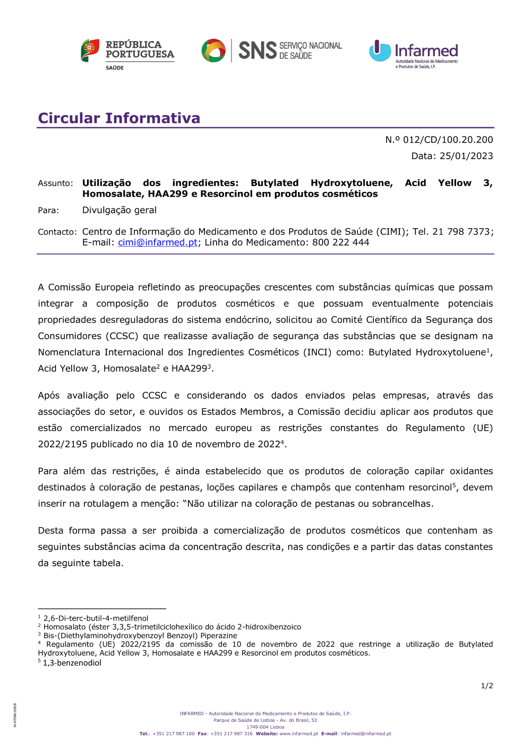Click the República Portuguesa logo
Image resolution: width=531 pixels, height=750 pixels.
pos(127,53)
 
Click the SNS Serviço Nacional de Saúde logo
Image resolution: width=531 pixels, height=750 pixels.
pos(272,50)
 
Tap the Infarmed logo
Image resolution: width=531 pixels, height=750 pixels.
pos(414,54)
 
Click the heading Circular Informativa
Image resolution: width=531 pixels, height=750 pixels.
pos(119,118)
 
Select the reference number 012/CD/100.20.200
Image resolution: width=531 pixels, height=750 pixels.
pos(448,139)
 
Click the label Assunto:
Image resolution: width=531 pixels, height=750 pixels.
pos(55,184)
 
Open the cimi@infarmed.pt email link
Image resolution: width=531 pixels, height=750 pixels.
pos(158,242)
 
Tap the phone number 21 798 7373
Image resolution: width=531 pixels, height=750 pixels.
pos(461,232)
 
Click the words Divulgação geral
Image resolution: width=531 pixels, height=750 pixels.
pos(119,210)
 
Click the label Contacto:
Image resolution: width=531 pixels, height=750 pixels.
pos(57,232)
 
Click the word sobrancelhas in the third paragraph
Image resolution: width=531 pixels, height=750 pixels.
pos(402,503)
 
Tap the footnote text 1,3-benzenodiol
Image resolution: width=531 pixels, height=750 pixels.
pos(72,663)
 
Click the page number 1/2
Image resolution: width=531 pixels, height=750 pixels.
pos(487,686)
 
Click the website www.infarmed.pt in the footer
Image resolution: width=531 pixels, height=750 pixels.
pos(298,734)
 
